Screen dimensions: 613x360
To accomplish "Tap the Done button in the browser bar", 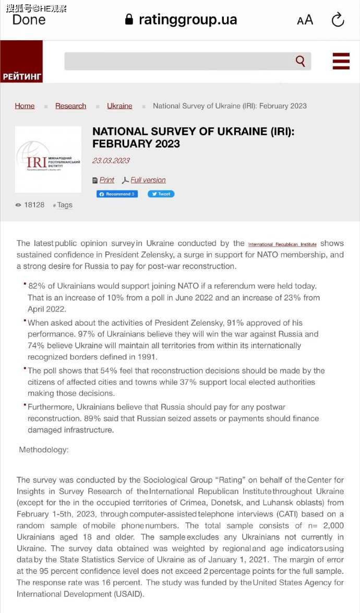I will pyautogui.click(x=29, y=20).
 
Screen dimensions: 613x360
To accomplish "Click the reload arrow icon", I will pyautogui.click(x=338, y=20).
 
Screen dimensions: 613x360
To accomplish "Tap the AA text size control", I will pyautogui.click(x=305, y=20).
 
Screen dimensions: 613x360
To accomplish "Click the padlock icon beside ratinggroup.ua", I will pyautogui.click(x=129, y=20).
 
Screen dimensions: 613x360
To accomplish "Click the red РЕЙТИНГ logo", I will pyautogui.click(x=21, y=62).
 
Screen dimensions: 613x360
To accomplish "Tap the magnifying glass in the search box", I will pyautogui.click(x=301, y=61).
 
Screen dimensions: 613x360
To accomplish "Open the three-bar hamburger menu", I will pyautogui.click(x=341, y=61).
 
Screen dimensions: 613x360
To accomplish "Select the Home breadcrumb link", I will pyautogui.click(x=25, y=106).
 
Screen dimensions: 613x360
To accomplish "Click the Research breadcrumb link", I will pyautogui.click(x=70, y=106).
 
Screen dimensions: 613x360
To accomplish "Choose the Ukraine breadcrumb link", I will pyautogui.click(x=119, y=106).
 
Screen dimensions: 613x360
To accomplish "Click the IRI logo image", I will pyautogui.click(x=48, y=159).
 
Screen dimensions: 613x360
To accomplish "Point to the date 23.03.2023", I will pyautogui.click(x=111, y=161).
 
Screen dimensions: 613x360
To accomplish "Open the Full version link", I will pyautogui.click(x=148, y=180).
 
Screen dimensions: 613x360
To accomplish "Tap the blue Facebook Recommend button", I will pyautogui.click(x=117, y=194).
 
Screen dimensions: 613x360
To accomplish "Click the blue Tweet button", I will pyautogui.click(x=161, y=194).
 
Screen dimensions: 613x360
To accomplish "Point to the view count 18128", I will pyautogui.click(x=34, y=205).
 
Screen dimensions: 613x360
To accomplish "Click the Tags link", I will pyautogui.click(x=65, y=205).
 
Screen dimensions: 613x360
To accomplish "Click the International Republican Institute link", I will pyautogui.click(x=282, y=244).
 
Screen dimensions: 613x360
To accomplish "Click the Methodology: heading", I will pyautogui.click(x=44, y=450).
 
